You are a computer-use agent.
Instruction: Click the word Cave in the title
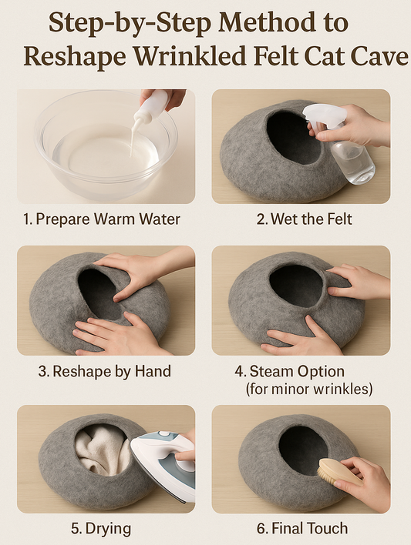coord(379,56)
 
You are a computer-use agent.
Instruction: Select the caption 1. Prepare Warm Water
coord(101,219)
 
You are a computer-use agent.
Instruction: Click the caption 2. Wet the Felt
coord(304,219)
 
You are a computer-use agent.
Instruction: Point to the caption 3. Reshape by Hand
coord(105,371)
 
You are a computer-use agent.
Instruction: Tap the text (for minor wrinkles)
coord(309,389)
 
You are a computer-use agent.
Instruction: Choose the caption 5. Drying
coord(101,528)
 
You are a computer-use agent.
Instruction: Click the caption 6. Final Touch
coord(302,528)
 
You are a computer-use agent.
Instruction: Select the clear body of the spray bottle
coord(352,161)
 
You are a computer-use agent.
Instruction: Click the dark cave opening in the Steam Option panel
coord(296,286)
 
